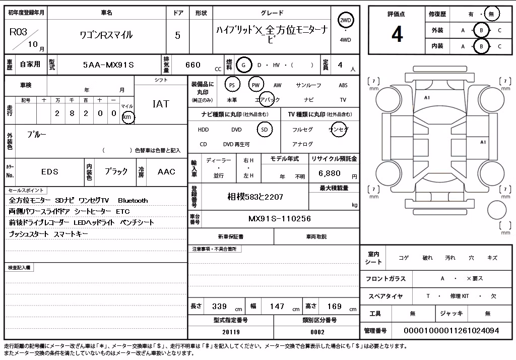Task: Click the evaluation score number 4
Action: tap(397, 34)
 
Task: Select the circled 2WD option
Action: tap(345, 20)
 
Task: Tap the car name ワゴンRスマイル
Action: tap(106, 35)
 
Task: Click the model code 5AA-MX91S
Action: tap(108, 65)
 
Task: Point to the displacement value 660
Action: tap(193, 65)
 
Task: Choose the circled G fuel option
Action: tap(243, 65)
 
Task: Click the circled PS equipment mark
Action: tap(232, 85)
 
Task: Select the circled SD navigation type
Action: tap(265, 130)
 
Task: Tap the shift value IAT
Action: tap(161, 104)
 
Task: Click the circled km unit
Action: tap(127, 117)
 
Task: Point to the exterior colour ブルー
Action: tap(36, 134)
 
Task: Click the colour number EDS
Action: tap(50, 171)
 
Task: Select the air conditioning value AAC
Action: tap(166, 171)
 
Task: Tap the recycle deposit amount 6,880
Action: tap(330, 173)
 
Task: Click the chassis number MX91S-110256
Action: tap(279, 219)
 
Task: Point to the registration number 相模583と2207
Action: tap(255, 197)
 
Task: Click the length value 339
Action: tap(219, 307)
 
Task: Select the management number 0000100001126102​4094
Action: tap(451, 330)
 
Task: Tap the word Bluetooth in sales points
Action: tap(133, 200)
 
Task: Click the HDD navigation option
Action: tap(204, 130)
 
